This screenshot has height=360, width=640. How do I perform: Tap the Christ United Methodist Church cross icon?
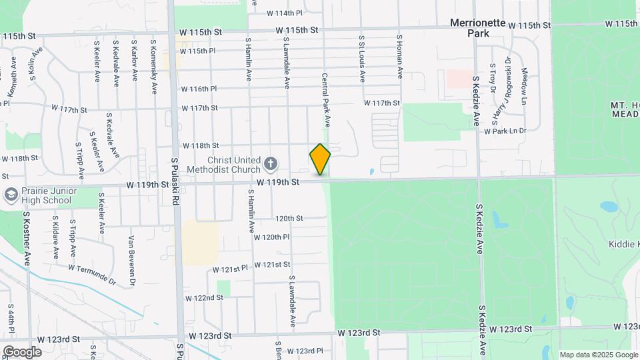[x=271, y=163]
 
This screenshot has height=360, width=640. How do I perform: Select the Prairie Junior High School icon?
[x=11, y=194]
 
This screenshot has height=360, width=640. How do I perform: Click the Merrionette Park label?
[x=478, y=27]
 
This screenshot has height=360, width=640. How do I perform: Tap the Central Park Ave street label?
[x=327, y=100]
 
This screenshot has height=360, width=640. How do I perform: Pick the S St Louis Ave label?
[x=362, y=59]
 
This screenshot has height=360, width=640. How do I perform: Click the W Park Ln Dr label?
[x=505, y=131]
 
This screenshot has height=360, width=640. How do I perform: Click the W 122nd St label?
[x=204, y=298]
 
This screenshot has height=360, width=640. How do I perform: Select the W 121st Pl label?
[x=231, y=269]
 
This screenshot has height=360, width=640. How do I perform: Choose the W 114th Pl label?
[x=285, y=13]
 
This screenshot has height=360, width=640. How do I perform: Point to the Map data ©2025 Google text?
[x=597, y=354]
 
